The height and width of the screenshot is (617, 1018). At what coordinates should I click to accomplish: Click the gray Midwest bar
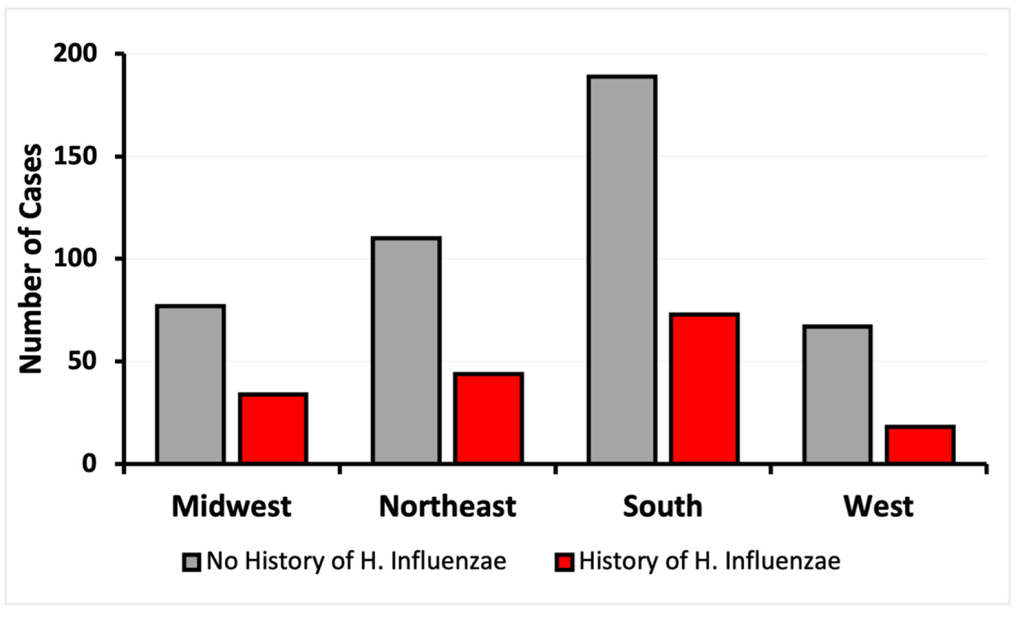point(190,384)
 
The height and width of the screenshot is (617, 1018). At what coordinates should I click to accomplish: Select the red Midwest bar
point(273,428)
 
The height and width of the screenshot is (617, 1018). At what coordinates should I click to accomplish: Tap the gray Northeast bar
point(406,350)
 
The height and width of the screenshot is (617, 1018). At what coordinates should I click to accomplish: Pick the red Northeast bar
point(488,418)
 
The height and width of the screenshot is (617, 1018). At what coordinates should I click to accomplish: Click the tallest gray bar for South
point(622,269)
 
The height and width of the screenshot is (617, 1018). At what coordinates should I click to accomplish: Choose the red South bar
point(704,389)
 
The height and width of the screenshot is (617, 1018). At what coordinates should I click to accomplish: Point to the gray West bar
point(838,394)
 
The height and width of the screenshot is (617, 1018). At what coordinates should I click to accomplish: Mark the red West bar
point(920,444)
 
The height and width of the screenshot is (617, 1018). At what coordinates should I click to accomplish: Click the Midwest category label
point(232,507)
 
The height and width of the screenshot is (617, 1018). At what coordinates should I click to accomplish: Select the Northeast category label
point(448,507)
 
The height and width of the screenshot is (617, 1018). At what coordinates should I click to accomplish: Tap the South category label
point(662,507)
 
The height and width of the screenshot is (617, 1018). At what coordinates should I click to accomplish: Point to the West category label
point(878,507)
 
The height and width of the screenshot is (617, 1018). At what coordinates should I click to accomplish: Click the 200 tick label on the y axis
point(76,53)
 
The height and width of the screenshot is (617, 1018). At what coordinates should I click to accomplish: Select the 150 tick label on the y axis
point(76,156)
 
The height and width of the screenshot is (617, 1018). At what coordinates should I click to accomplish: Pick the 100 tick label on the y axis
point(76,259)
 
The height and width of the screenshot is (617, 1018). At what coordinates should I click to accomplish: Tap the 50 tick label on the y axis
point(82,361)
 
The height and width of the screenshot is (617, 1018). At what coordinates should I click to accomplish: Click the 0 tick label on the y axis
point(89,463)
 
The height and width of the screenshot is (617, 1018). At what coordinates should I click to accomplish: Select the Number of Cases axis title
point(31,259)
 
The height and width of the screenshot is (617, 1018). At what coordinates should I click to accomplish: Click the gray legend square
point(191,562)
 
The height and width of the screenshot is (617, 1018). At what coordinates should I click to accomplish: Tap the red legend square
point(564,562)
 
